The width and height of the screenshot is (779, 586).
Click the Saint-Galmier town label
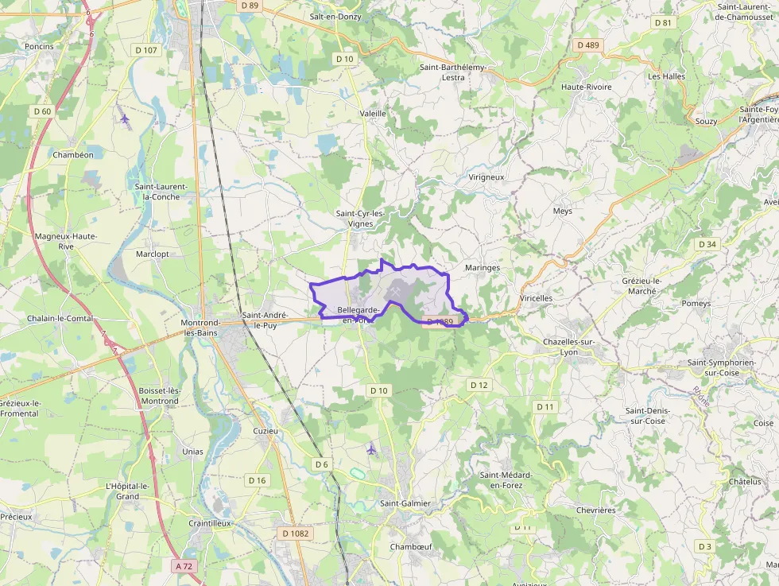[x=405, y=503]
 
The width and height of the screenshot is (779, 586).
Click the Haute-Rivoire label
[x=586, y=87]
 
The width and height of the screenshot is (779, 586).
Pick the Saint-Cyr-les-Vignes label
[x=359, y=219]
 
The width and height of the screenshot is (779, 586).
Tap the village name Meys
[x=562, y=211]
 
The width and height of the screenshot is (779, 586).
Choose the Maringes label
[x=483, y=268]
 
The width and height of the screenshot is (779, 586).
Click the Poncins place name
[x=39, y=46]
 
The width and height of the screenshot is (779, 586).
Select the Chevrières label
[x=596, y=510]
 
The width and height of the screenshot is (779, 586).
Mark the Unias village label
[x=192, y=452]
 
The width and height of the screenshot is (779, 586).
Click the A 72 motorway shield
[x=184, y=566]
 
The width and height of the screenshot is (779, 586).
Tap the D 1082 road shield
[x=295, y=534]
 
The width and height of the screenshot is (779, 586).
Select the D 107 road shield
[x=146, y=50]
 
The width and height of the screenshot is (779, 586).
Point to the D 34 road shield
[x=707, y=244]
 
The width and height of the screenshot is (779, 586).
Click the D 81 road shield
[x=663, y=22]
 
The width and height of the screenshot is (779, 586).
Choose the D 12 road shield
[x=479, y=385]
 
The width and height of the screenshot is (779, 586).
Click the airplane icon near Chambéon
[x=124, y=119]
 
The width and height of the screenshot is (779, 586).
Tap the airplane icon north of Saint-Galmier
[x=370, y=450]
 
